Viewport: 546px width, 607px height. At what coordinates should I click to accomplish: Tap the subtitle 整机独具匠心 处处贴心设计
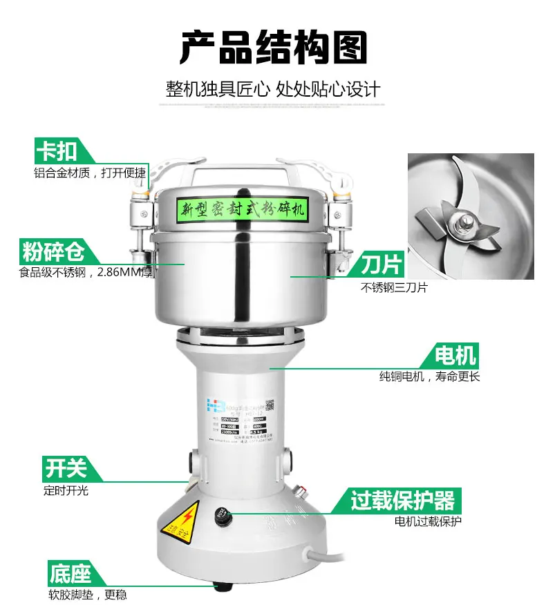(273, 89)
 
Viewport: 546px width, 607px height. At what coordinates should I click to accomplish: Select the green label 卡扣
(57, 151)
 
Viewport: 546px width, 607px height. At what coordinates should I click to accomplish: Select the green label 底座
(69, 574)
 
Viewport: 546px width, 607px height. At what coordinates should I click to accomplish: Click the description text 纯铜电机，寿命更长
(429, 377)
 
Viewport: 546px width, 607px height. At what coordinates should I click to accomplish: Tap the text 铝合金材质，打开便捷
(90, 173)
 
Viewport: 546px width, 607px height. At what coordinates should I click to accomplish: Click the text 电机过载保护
(428, 521)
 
